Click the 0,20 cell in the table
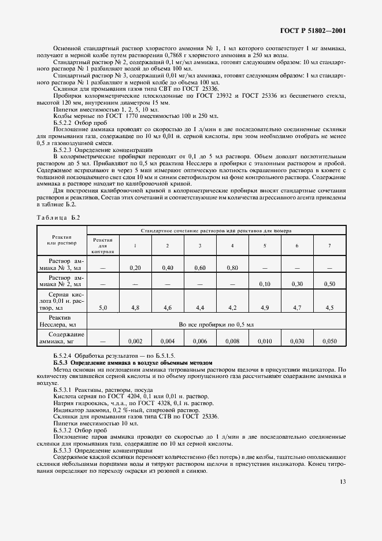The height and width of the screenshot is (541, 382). click(135, 268)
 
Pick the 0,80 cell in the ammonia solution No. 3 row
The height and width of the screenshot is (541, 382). click(232, 268)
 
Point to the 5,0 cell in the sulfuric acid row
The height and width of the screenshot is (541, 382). click(103, 308)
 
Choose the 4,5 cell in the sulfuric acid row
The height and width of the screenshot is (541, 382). click(329, 308)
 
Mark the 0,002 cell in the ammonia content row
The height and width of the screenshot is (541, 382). click(135, 341)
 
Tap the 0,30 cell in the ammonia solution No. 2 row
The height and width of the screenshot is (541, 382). click(297, 284)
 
